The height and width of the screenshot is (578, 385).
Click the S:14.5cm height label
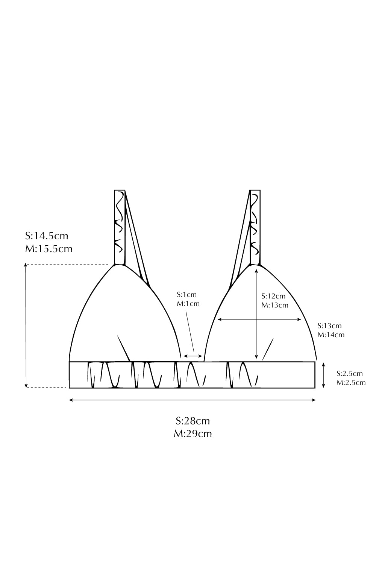[47, 236]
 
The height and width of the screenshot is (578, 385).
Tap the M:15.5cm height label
[49, 249]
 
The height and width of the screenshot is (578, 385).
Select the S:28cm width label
[192, 421]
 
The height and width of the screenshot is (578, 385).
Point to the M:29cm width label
[192, 434]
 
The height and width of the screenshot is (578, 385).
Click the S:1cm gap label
[187, 295]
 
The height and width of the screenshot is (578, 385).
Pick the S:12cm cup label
[273, 296]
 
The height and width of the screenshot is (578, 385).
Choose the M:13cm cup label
[274, 305]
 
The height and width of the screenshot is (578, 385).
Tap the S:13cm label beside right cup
[330, 326]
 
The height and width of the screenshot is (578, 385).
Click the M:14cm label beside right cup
[331, 335]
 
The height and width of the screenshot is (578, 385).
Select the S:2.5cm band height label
[349, 373]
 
